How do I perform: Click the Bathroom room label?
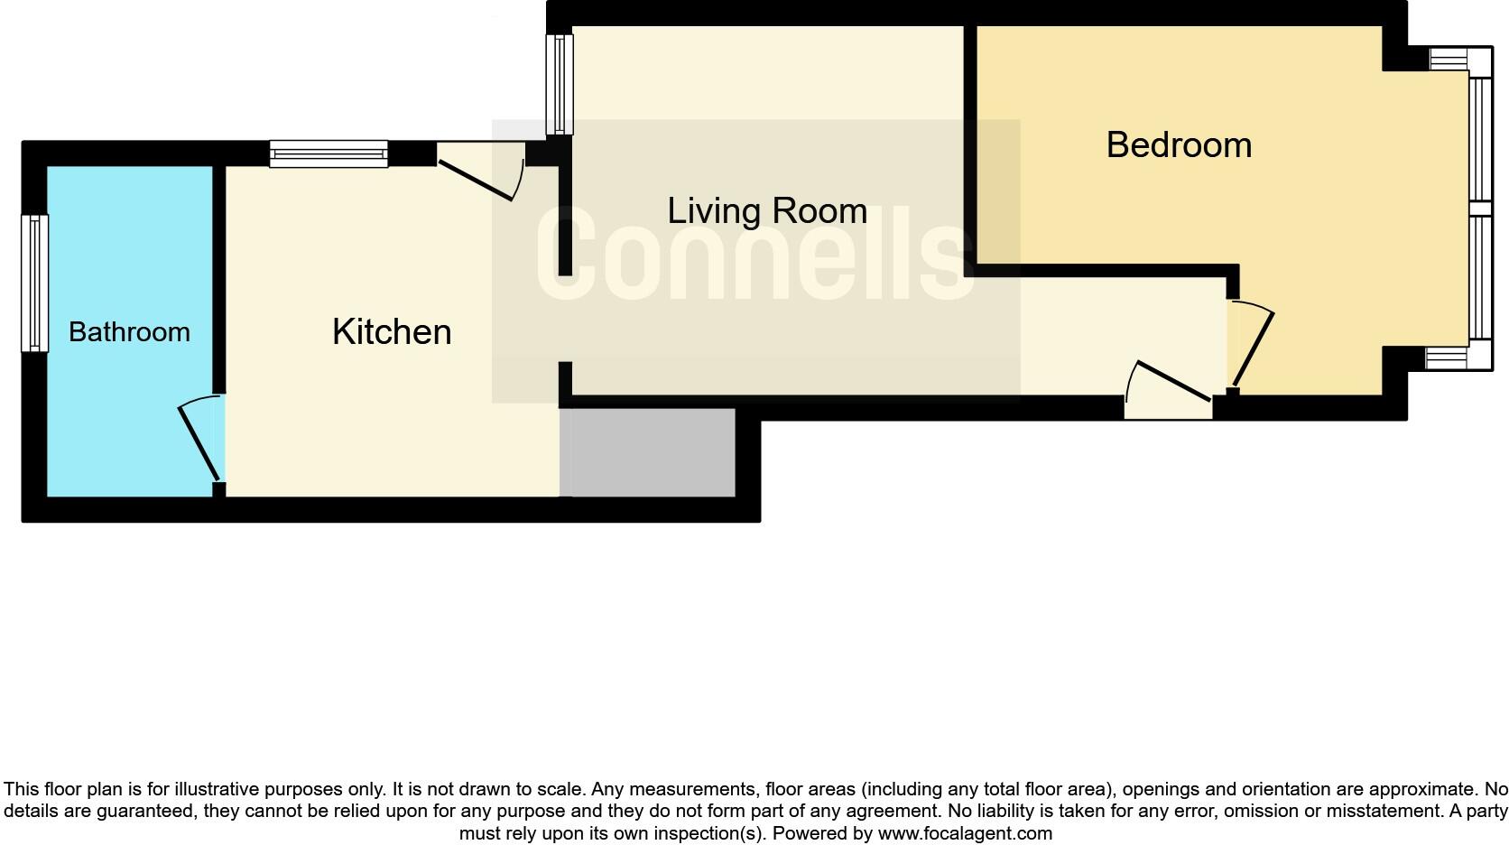point(129,332)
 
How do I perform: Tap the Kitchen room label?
point(392,332)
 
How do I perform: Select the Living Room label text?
point(767,211)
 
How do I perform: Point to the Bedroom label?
point(1179,145)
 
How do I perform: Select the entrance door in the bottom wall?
point(1168,389)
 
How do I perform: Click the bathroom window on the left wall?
point(35,283)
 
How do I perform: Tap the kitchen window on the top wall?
point(329,153)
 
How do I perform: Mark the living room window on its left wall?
point(560,84)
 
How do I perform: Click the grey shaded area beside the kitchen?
point(647,452)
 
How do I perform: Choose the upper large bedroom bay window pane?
point(1480,139)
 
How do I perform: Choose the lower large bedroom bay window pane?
point(1480,278)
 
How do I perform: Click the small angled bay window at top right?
point(1449,60)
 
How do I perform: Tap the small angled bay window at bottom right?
point(1447,359)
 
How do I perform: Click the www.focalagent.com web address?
point(965,833)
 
